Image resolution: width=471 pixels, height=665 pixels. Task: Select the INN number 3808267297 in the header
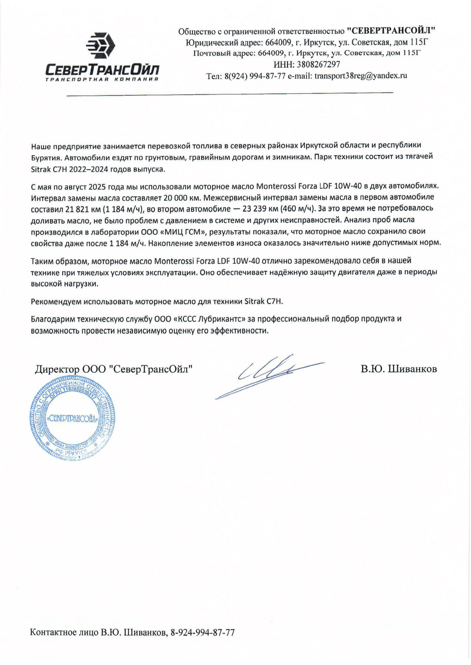(320, 64)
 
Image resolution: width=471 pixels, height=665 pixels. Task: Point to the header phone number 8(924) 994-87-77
(255, 76)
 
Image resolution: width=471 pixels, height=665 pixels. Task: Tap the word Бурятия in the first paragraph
(45, 157)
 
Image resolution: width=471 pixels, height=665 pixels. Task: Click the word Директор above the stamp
(57, 369)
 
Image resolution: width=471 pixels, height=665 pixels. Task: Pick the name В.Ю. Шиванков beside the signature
(399, 369)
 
